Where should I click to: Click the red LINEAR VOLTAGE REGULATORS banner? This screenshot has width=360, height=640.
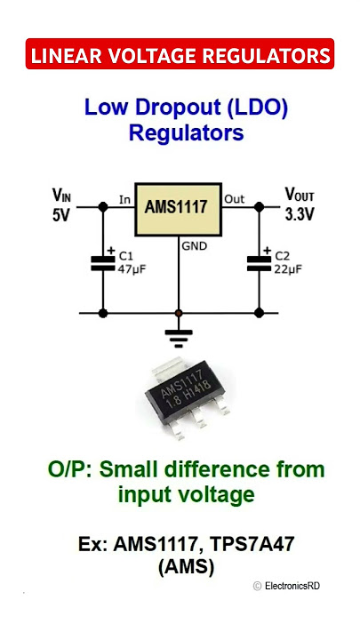180,53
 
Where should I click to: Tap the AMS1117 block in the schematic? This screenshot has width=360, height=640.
179,210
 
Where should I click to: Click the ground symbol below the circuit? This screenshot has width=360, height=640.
179,339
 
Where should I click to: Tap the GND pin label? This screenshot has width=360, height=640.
195,246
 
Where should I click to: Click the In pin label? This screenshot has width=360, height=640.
124,200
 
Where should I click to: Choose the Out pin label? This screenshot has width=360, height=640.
235,199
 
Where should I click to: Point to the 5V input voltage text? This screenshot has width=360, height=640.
61,215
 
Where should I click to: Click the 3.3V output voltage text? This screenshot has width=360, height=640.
300,215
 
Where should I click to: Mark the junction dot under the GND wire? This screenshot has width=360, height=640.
179,313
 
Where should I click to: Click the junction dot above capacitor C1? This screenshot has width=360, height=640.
103,207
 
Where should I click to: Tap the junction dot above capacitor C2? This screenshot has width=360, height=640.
259,207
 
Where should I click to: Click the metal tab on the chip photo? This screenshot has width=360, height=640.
169,366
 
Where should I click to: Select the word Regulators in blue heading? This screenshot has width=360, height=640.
186,132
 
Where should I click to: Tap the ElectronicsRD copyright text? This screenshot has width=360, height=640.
286,586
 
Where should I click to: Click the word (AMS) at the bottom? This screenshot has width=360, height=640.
186,567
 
